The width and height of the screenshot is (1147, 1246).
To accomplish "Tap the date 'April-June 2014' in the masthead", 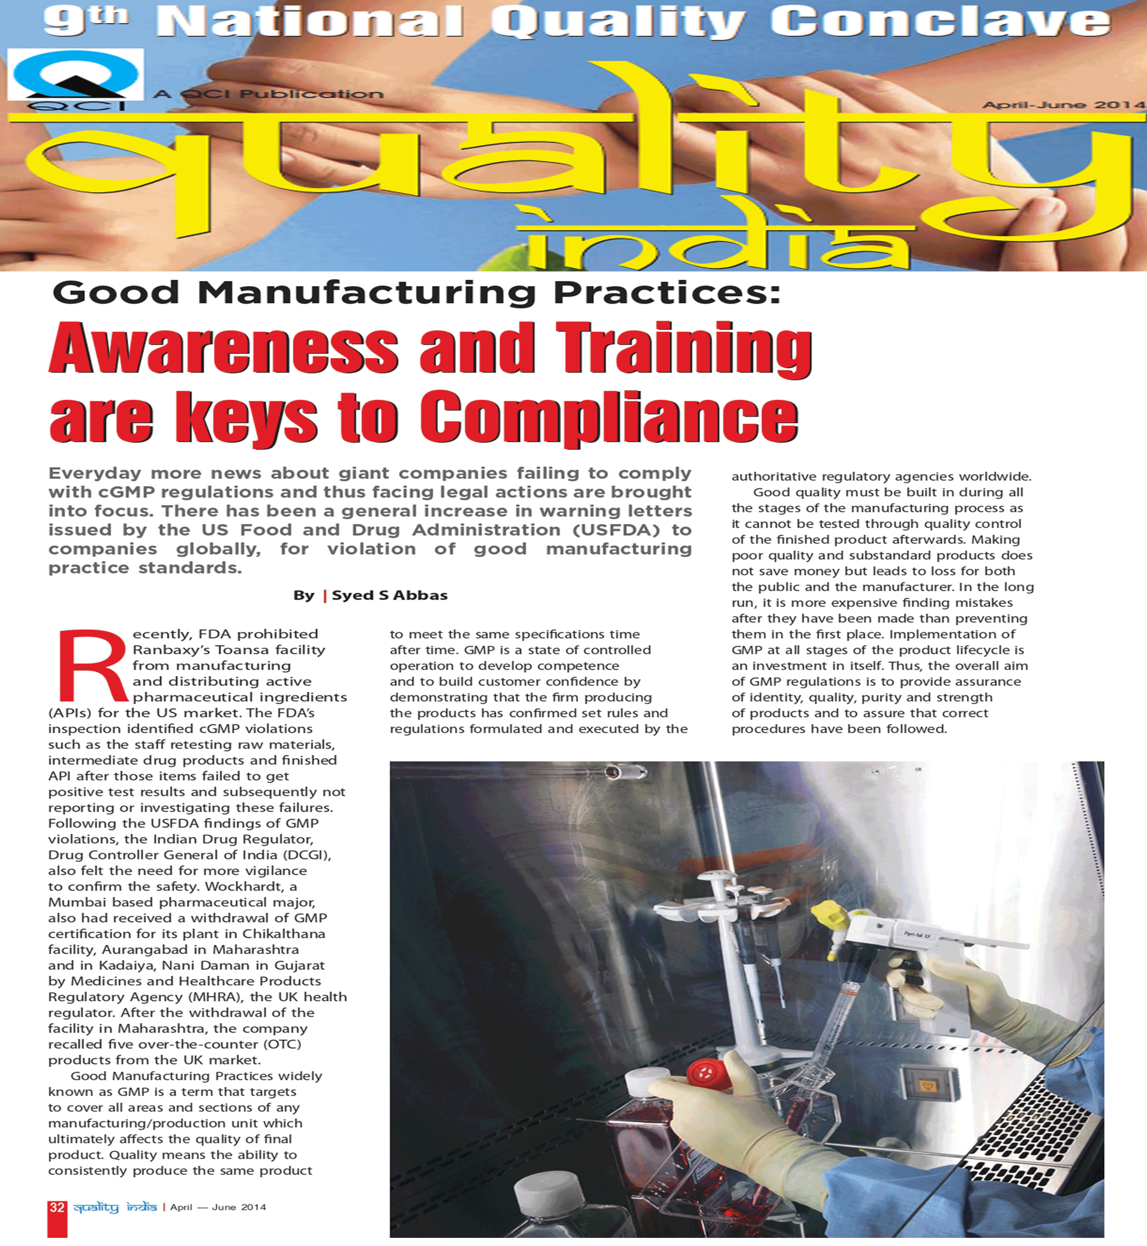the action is (1063, 104).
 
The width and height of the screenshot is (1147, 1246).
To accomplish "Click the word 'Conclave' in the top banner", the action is (940, 22).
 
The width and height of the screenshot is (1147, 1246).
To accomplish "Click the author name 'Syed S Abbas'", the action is (389, 595).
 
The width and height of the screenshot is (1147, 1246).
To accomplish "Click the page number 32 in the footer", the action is (56, 1207).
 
